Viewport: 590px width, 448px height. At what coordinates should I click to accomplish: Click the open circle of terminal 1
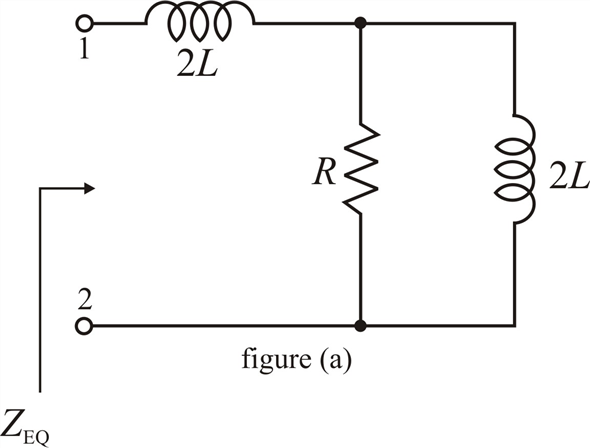84,24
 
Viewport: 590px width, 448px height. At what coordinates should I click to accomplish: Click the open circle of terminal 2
84,325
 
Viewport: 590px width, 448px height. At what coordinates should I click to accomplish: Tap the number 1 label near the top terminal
85,49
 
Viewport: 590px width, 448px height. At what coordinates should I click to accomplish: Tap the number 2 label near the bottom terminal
85,300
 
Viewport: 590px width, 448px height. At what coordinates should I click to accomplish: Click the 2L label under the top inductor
197,66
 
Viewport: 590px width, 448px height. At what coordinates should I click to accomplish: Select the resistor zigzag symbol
360,169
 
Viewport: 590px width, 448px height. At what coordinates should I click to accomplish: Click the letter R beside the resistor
324,173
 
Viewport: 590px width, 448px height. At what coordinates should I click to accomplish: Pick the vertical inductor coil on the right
515,169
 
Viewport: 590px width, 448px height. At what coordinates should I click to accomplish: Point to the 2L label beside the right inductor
569,177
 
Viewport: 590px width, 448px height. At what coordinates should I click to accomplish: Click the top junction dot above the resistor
360,23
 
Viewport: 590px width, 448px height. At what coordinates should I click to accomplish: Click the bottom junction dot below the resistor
360,326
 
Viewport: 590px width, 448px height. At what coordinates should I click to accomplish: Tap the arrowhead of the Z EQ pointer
89,188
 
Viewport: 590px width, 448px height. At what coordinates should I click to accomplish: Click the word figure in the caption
276,359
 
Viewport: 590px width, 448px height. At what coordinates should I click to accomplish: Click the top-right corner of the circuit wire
514,24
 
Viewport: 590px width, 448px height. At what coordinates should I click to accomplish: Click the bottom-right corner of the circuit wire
514,325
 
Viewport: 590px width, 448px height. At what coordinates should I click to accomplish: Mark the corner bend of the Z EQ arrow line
40,188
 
